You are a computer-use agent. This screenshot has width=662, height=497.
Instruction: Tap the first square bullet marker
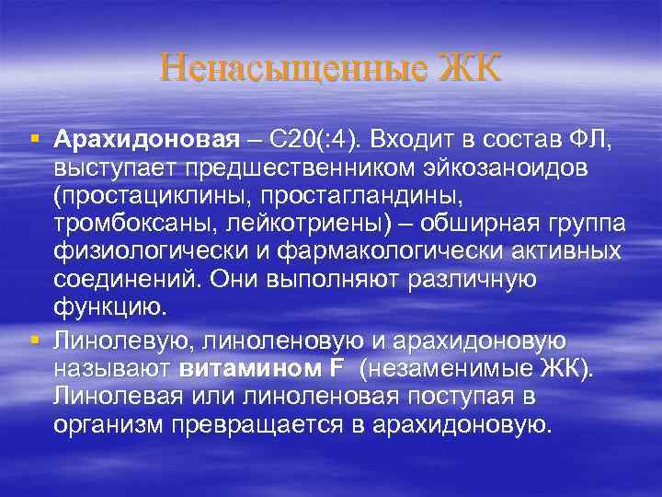tap(35, 140)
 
